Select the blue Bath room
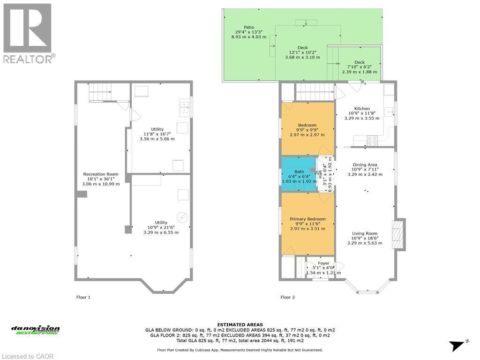coord(299,174)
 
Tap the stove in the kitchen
coord(373,138)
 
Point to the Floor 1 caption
coord(83,297)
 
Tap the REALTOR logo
coord(28,33)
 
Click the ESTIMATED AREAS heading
coord(240,325)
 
